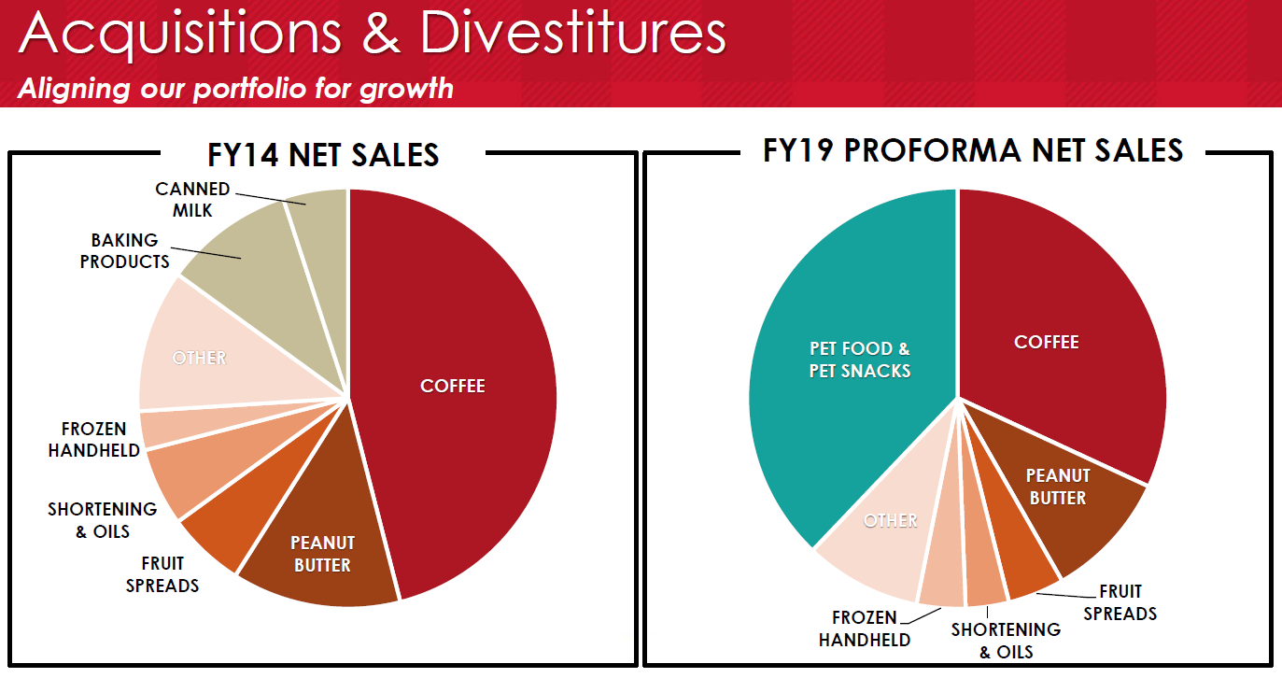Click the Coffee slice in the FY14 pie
click(x=453, y=386)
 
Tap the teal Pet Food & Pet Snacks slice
click(x=858, y=360)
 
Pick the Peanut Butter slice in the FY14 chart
click(x=322, y=554)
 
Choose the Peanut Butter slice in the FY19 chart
click(x=1058, y=487)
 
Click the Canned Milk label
click(x=192, y=200)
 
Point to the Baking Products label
click(x=125, y=251)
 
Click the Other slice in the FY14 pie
click(x=199, y=358)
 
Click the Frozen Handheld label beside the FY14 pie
click(x=93, y=440)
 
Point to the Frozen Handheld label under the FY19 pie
click(x=864, y=629)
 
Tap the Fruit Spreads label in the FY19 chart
click(x=1120, y=602)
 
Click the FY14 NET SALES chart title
click(x=323, y=154)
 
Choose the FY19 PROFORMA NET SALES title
click(x=972, y=150)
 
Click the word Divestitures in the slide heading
click(x=572, y=35)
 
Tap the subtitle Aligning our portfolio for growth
click(x=235, y=89)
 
